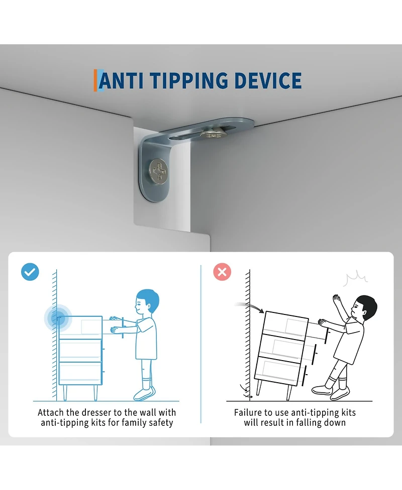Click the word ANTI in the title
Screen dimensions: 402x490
coord(121,81)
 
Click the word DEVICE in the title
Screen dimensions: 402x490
coord(268,81)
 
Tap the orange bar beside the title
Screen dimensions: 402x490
coord(95,80)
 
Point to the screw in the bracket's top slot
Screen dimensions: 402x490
coord(214,134)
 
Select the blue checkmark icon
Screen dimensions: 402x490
coord(30,272)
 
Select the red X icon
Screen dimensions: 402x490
coord(222,272)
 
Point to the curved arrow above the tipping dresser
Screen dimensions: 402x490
coord(249,307)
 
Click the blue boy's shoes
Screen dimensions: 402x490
coord(144,394)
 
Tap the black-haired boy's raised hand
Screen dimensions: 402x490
coord(336,300)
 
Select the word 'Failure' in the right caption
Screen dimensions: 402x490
coord(246,412)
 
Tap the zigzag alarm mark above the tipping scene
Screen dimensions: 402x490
coord(355,279)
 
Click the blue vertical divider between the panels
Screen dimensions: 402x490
coord(200,344)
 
